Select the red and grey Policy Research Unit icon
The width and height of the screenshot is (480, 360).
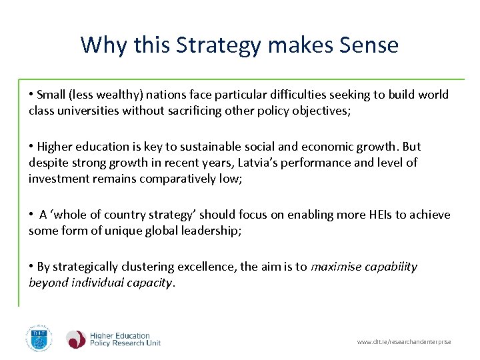coord(75,339)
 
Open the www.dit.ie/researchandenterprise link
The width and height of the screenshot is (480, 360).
coord(404,342)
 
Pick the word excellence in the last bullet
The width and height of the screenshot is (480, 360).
coord(208,267)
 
